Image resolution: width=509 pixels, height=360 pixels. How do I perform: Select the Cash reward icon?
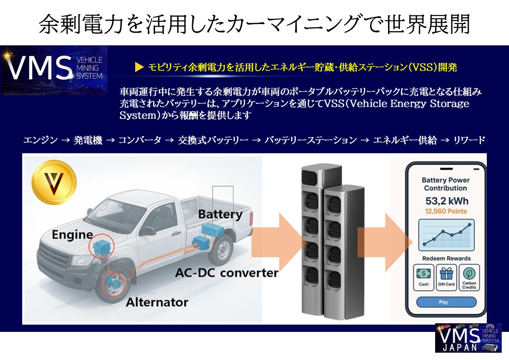pos(424,276)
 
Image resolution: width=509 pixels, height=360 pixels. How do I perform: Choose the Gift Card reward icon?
pos(446,276)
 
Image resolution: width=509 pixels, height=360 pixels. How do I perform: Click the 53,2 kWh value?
pos(446,200)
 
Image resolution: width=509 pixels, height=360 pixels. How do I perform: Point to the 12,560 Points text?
pos(446,211)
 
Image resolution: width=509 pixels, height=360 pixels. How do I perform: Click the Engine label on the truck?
pos(72,235)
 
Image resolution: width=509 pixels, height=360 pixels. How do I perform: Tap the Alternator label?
pos(157,302)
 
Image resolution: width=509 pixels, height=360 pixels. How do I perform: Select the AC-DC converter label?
pos(227,273)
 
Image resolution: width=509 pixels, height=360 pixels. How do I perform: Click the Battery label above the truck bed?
pos(220,214)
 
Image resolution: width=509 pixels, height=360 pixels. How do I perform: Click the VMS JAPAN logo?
pos(468,338)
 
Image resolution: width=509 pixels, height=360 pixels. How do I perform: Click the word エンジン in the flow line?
pos(40,140)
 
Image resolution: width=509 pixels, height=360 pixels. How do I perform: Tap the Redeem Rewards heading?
pos(446,258)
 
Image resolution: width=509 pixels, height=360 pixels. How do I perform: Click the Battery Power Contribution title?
pos(446,184)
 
